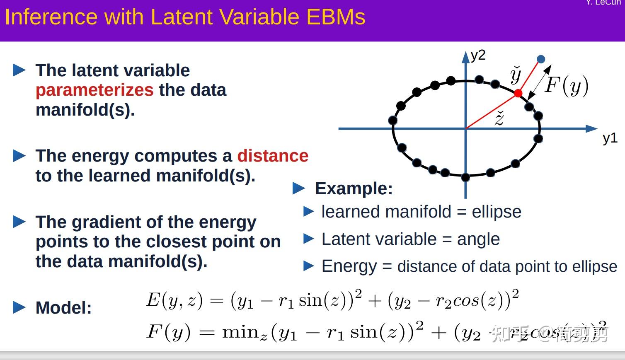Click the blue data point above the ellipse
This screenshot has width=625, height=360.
[x=541, y=59]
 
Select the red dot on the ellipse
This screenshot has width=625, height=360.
[x=518, y=94]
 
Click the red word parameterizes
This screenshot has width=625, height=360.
[x=94, y=90]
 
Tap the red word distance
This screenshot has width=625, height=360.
[x=273, y=156]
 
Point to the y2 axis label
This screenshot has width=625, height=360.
[x=478, y=55]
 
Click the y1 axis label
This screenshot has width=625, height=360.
[x=610, y=138]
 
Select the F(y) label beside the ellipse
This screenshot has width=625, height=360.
[x=567, y=85]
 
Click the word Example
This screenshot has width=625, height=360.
[x=354, y=188]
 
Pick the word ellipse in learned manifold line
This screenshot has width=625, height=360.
[x=496, y=212]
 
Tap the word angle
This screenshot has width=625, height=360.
[x=478, y=239]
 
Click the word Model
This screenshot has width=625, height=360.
[x=63, y=308]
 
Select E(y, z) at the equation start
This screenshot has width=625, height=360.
[x=174, y=300]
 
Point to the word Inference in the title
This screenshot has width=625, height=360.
[x=51, y=17]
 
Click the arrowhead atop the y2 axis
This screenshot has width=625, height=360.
[x=466, y=57]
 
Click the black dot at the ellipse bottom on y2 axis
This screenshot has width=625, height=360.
[x=465, y=177]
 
